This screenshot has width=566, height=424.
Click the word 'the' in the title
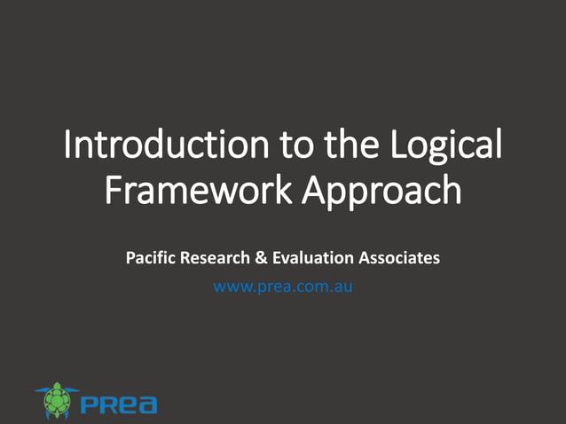(346, 145)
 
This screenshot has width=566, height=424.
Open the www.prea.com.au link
(283, 287)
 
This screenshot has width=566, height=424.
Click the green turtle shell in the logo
(58, 401)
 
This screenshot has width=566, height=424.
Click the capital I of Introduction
(68, 145)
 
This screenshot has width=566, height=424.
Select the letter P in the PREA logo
(90, 405)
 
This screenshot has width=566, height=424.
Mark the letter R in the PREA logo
(109, 405)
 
